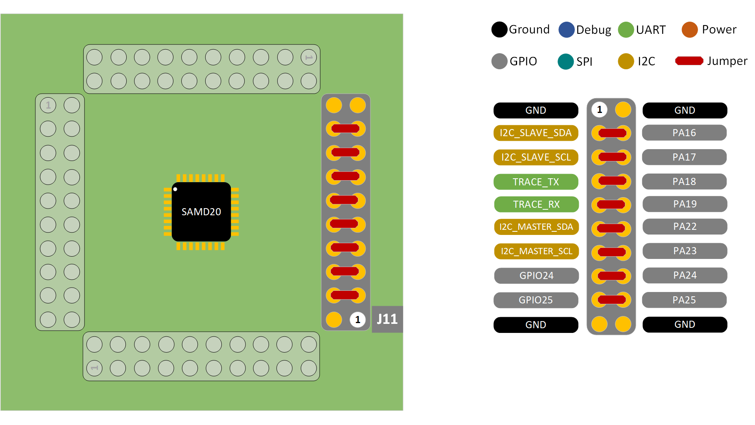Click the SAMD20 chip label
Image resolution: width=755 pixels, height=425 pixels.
[x=201, y=212]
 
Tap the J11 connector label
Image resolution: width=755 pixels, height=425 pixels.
[x=387, y=319]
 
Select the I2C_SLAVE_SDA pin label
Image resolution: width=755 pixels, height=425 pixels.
[x=536, y=133]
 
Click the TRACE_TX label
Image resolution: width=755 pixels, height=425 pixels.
[x=536, y=182]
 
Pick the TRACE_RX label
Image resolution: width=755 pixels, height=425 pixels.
[x=536, y=204]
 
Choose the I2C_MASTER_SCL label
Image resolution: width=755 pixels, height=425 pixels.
[x=536, y=251]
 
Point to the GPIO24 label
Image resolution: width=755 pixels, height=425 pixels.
[x=536, y=275]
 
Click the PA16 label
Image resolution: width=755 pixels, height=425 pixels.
[x=684, y=133]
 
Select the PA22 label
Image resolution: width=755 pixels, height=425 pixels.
[x=685, y=227]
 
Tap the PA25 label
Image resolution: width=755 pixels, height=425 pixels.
[x=684, y=300]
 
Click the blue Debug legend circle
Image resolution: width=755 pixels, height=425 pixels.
[x=566, y=30]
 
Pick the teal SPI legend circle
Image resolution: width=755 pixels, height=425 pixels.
[x=565, y=61]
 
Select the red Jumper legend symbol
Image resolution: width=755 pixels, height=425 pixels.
[x=689, y=61]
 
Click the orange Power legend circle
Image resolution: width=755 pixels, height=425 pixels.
[x=690, y=30]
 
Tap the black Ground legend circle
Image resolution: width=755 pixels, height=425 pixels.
[x=499, y=30]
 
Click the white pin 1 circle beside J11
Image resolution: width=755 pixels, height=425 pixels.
[x=357, y=320]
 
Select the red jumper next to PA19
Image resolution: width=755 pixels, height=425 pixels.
[x=611, y=205]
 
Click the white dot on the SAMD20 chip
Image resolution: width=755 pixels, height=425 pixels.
[x=175, y=189]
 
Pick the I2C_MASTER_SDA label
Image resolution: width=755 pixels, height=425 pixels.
[x=536, y=227]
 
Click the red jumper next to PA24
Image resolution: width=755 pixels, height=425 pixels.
[x=611, y=276]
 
